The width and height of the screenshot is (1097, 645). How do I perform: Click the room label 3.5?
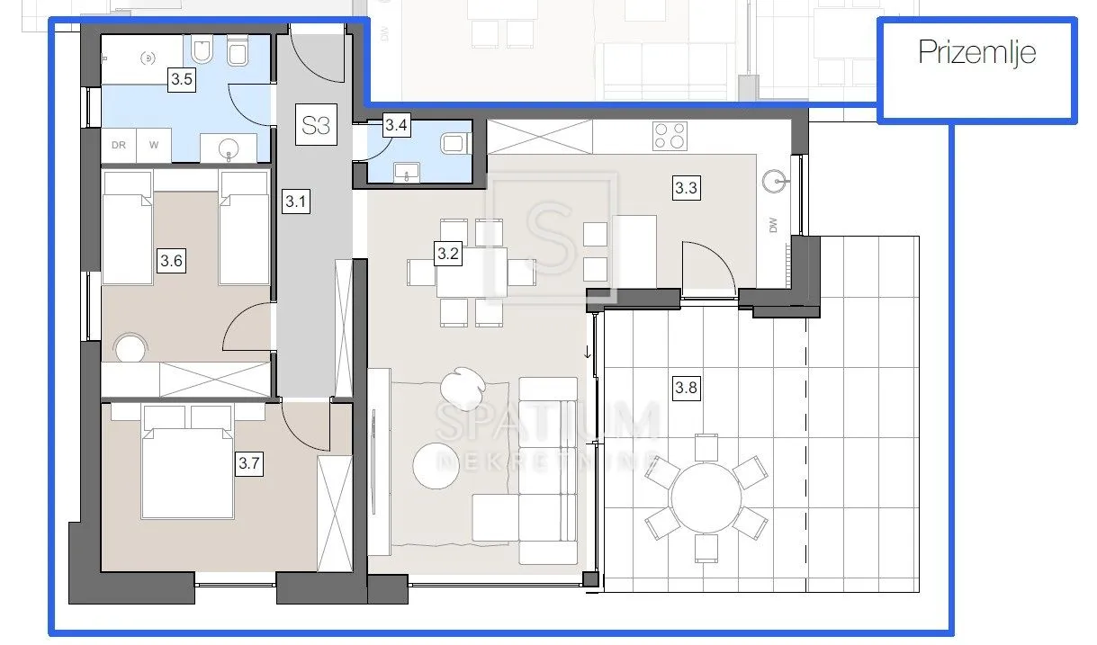tap(182, 79)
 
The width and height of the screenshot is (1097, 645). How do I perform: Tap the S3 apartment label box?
tap(316, 124)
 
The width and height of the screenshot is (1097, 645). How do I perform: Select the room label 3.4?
tap(396, 125)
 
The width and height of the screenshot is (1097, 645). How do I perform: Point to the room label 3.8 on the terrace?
tap(686, 388)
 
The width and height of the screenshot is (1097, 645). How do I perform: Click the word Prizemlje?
tap(976, 52)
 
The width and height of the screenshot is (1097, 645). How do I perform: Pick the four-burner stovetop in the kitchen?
tap(670, 136)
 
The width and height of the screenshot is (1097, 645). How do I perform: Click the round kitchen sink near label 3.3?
tap(775, 182)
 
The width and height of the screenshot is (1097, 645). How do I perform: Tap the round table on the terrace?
tap(706, 498)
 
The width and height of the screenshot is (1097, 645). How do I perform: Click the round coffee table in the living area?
tap(436, 465)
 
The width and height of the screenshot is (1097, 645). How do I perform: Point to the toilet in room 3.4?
tap(455, 144)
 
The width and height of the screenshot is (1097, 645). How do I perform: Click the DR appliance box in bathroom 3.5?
tap(119, 145)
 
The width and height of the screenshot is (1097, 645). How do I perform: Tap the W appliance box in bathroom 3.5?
tap(154, 145)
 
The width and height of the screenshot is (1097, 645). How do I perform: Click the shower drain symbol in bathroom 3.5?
tap(148, 58)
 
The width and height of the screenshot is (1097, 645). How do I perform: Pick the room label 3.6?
tap(171, 260)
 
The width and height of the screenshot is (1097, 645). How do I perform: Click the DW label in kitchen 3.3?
tap(773, 225)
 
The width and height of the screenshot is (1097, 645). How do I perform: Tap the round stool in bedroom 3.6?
tap(130, 348)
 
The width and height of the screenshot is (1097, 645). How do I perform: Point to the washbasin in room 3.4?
tap(407, 172)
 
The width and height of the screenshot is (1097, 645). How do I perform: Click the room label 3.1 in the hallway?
tap(296, 202)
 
